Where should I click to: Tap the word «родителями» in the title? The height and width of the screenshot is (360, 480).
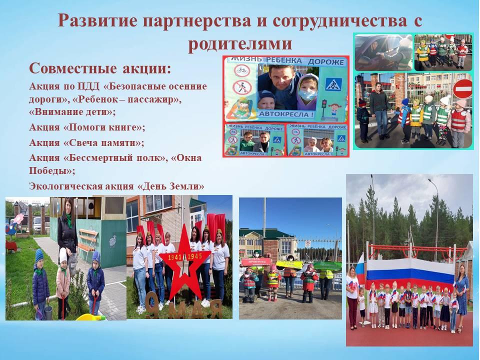240,43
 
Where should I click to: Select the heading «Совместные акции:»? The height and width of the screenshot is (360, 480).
100,68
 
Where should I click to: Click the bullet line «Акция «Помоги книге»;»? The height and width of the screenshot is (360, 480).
87,126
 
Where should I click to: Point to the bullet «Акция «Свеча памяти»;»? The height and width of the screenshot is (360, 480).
86,142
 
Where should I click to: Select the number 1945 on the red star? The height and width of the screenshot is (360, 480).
194,256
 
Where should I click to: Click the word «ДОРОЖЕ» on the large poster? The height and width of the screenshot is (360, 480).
325,62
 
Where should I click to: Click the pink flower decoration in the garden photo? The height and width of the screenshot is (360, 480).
18,219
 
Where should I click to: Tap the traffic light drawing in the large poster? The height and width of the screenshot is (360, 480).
323,106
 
